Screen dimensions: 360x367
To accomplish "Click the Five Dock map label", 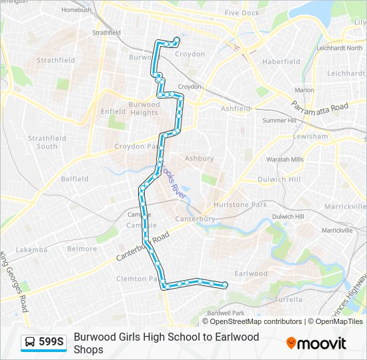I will (242, 13).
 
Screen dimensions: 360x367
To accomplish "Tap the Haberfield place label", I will (282, 61).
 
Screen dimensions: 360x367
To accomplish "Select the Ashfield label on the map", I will (236, 108).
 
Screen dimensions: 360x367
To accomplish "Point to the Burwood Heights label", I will (143, 108).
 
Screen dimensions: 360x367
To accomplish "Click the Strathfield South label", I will (47, 142).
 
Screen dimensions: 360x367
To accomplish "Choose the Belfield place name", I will (75, 179).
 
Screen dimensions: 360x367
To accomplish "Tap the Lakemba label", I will (31, 249).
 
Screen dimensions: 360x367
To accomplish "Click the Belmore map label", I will (82, 249).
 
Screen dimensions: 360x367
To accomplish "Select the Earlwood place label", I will (251, 273).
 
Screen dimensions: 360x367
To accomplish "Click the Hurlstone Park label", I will (240, 205).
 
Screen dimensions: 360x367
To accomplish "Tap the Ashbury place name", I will (199, 159).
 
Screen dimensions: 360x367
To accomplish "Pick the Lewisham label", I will (310, 136).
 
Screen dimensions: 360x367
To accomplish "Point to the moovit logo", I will (316, 343).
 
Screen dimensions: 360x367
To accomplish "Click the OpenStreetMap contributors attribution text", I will (256, 321).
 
